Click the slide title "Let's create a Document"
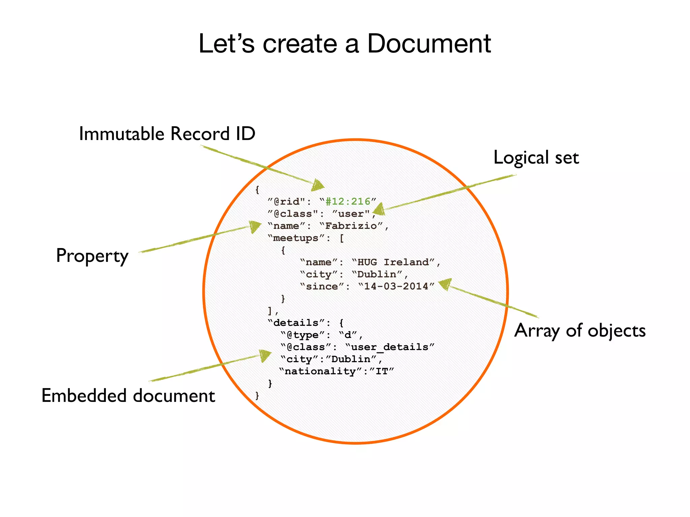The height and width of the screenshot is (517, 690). point(344,44)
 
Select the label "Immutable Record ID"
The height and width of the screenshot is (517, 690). point(167,134)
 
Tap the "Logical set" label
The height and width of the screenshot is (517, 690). point(536,158)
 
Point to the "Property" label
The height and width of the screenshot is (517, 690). point(92,256)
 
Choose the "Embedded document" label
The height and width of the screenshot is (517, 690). point(128,395)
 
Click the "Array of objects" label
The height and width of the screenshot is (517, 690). point(579,331)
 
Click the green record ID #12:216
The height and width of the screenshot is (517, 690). point(348,201)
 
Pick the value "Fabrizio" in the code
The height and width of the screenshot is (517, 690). point(351,226)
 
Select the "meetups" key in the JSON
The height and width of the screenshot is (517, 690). point(296,238)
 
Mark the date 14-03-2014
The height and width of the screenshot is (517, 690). point(396,286)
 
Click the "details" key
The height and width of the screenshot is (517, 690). point(296,322)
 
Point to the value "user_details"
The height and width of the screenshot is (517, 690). point(389,347)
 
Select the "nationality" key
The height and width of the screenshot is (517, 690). point(320,371)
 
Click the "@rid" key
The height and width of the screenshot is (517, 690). point(286,201)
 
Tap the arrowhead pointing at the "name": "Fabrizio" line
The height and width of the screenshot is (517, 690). point(255,227)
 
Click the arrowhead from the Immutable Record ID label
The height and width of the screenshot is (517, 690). point(318,185)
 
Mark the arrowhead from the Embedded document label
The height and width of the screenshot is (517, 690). point(265,355)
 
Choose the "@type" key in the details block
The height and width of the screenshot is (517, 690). point(302,335)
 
